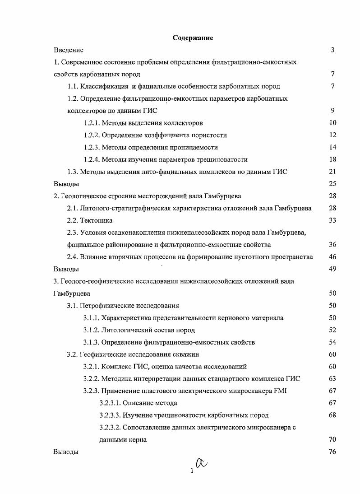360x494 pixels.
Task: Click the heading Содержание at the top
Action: coord(193,38)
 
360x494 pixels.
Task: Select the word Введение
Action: coord(68,50)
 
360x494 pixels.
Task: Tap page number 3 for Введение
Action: coord(332,50)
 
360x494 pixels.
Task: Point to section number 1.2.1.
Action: coord(92,123)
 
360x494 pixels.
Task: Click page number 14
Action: coord(332,147)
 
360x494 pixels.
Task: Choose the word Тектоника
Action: coord(96,220)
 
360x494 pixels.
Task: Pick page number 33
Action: coord(332,220)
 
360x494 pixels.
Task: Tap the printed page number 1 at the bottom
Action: coord(192,471)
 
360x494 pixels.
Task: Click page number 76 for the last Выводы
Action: coord(332,452)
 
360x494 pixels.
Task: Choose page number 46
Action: coord(332,257)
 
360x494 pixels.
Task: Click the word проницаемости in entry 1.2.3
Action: coord(197,147)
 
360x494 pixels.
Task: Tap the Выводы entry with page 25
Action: coord(66,184)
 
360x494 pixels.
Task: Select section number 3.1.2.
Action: coord(92,330)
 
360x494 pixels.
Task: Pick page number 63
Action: coord(332,378)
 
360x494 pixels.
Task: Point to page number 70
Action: coord(332,439)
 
